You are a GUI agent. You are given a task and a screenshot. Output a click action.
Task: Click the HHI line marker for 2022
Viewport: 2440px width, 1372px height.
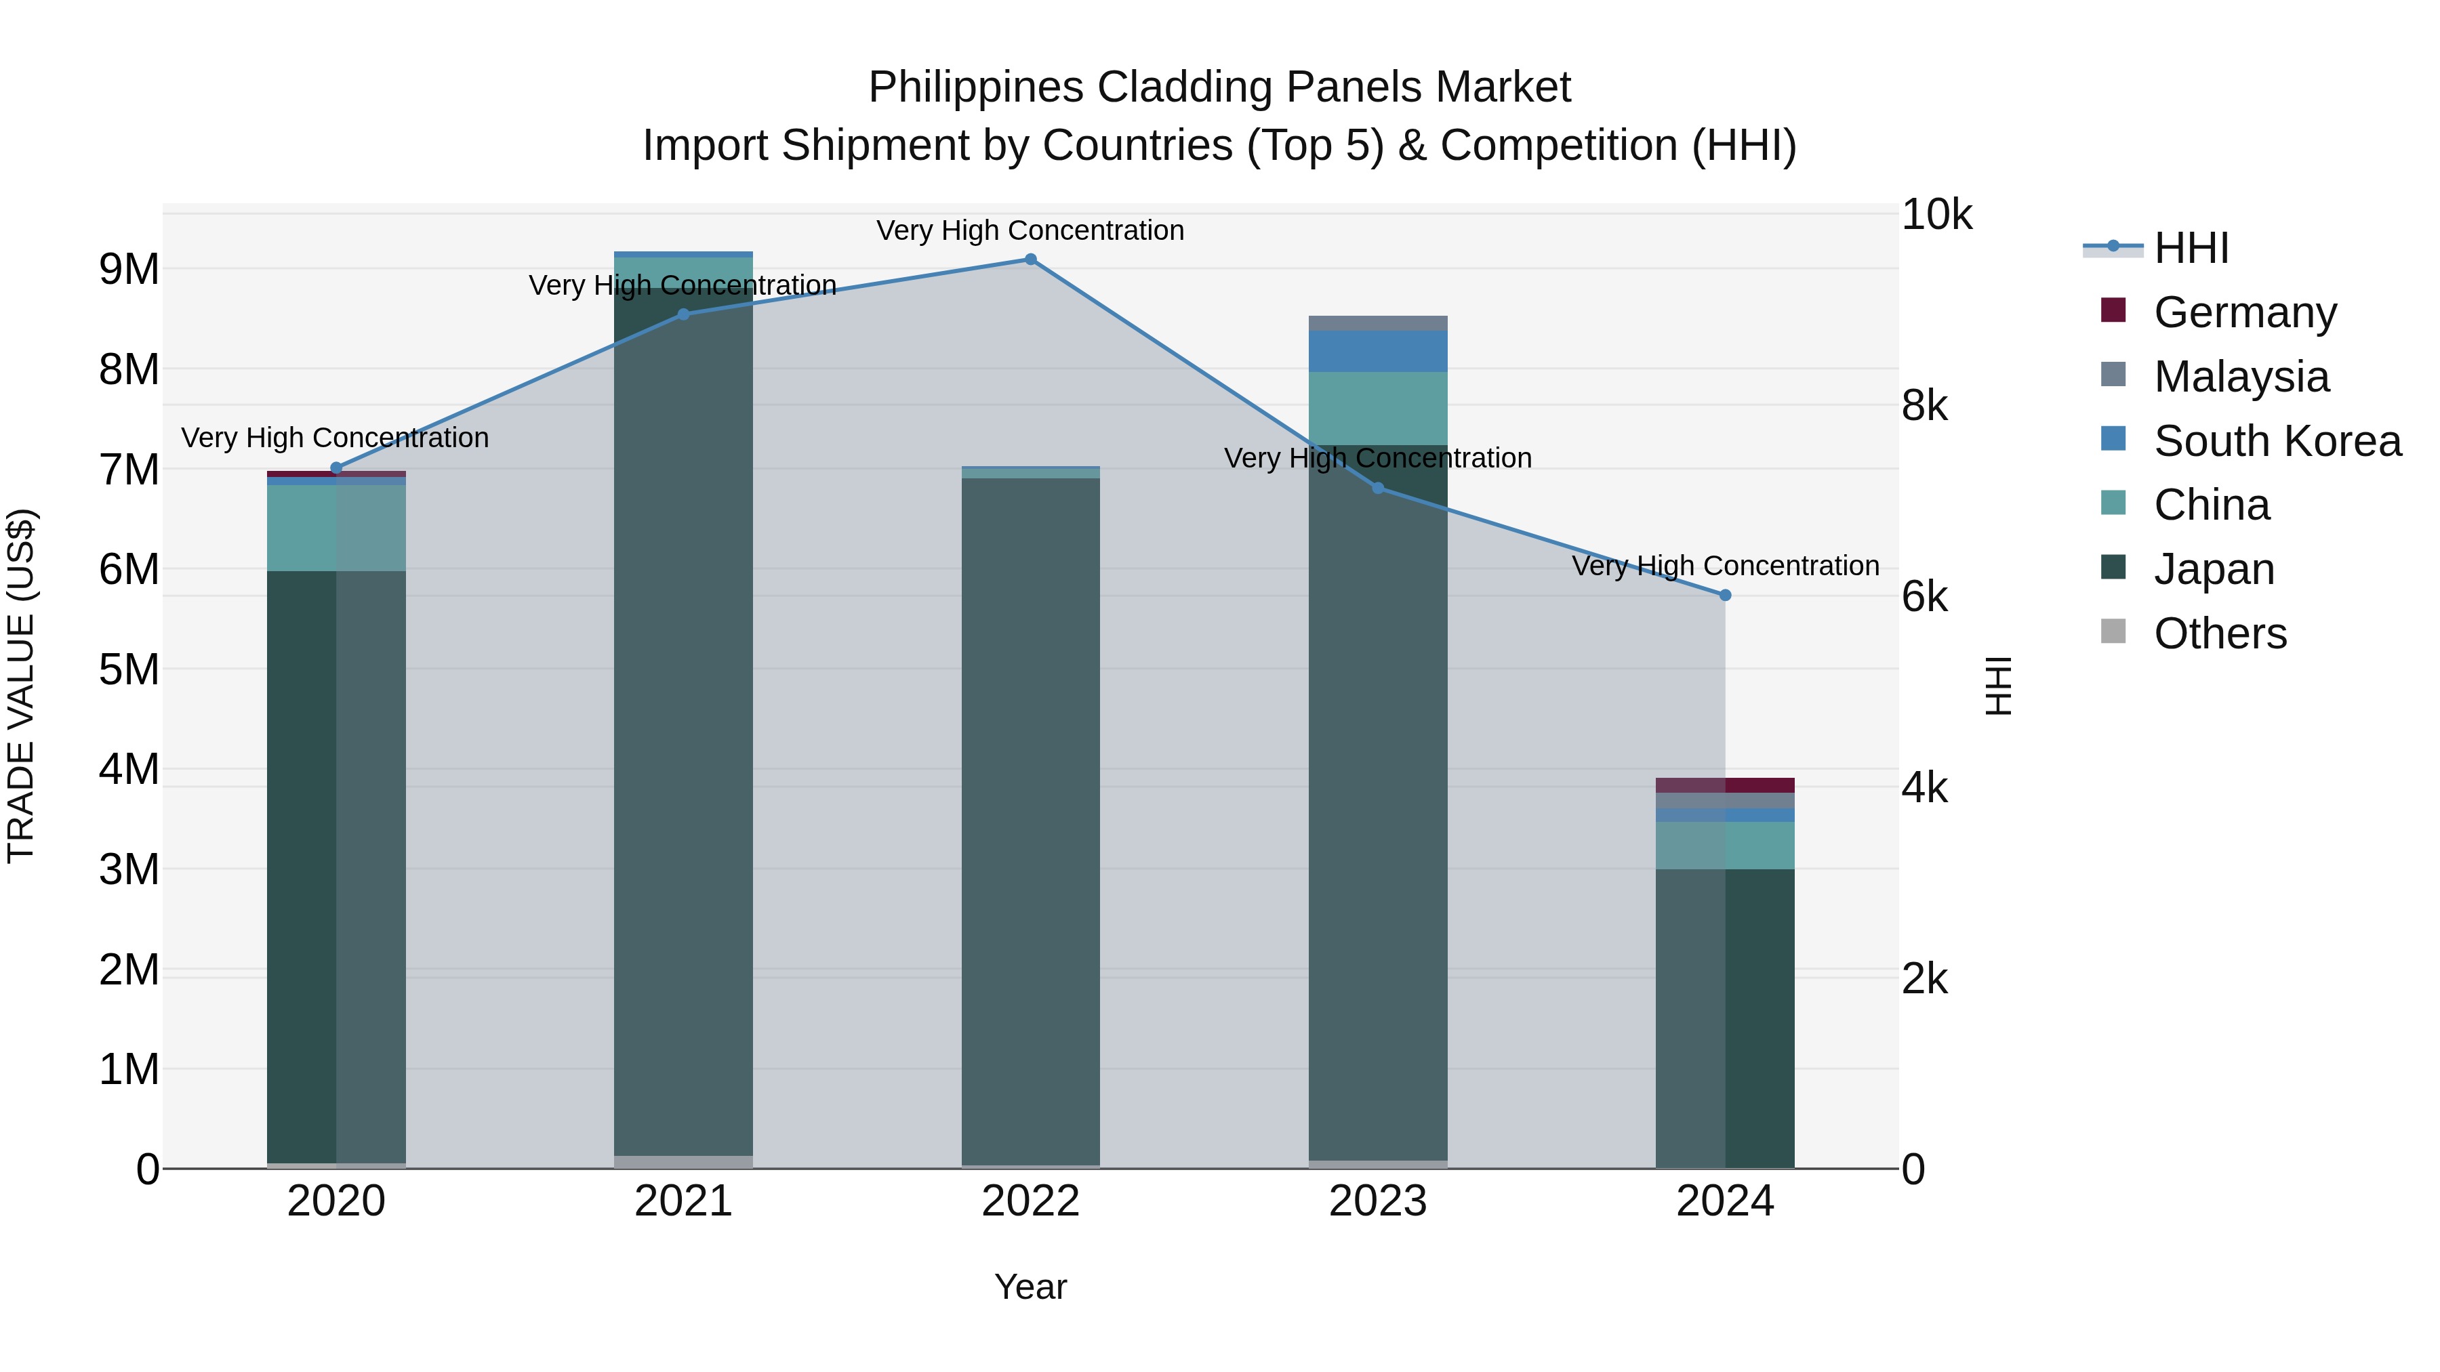tap(1030, 259)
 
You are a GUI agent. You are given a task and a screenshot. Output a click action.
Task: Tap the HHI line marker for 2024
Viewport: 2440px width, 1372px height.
tap(1725, 596)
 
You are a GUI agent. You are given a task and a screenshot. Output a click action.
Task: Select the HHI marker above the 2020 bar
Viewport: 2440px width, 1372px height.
tap(335, 467)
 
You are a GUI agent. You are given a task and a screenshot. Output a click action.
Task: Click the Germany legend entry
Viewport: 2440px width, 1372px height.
tap(2244, 312)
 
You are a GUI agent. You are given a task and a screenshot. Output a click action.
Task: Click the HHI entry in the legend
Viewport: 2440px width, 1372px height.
tap(2191, 248)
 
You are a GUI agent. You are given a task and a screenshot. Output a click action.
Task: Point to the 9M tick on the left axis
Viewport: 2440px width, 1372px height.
tap(129, 270)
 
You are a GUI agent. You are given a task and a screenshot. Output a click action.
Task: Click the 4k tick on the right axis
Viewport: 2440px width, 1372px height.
tap(1924, 789)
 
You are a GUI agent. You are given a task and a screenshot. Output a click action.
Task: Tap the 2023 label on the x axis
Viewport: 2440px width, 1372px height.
tap(1377, 1201)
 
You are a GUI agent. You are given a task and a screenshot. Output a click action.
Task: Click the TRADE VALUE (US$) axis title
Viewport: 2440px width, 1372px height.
tap(22, 686)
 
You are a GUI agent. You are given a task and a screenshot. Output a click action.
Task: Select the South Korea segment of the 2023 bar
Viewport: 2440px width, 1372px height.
tap(1377, 351)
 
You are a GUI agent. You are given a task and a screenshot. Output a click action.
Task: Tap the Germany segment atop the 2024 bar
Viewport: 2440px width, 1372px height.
tap(1725, 785)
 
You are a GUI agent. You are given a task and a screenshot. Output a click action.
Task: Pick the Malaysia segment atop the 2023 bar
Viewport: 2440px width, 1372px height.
tap(1377, 323)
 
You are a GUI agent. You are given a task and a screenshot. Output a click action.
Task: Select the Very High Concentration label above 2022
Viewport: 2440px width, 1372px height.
tap(1030, 231)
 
